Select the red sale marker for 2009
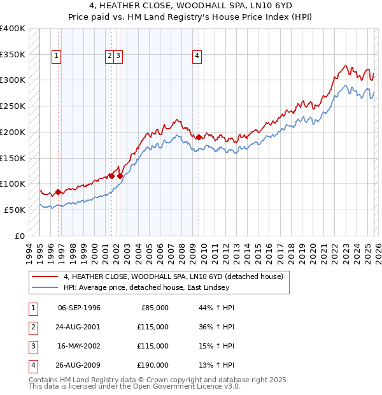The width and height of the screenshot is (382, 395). coord(199,137)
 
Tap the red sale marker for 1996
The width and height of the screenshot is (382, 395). coord(58,191)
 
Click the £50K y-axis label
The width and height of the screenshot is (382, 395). coord(15,210)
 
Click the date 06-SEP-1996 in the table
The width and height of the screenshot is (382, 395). coord(79,308)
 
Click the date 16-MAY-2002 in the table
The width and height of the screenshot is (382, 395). coord(79,346)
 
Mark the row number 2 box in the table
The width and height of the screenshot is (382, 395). coord(32,327)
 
